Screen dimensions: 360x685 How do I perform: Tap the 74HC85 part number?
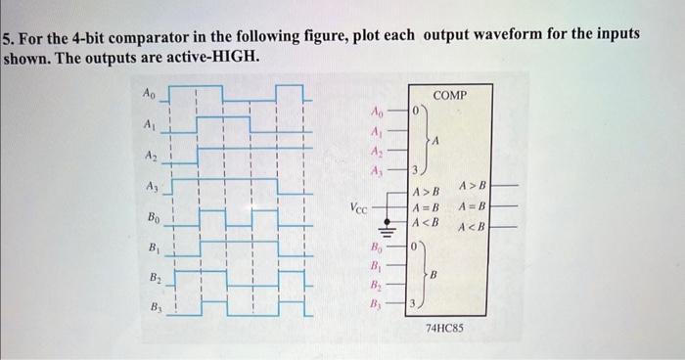(445, 330)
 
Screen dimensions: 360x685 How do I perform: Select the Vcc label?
(359, 207)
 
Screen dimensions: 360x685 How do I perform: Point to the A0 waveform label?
(149, 94)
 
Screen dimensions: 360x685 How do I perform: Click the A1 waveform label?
(149, 125)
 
